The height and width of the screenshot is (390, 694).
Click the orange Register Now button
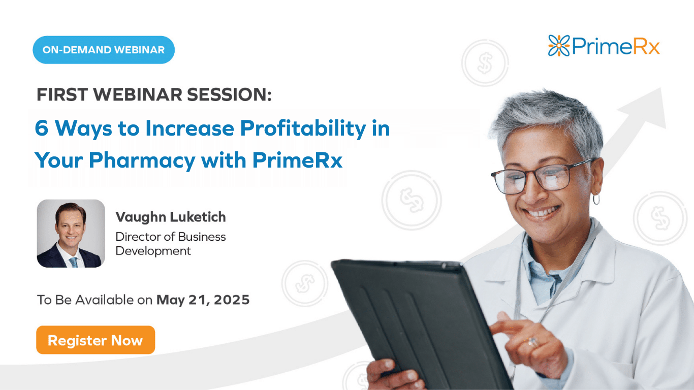[x=96, y=340]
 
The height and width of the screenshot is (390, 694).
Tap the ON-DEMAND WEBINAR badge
[x=104, y=50]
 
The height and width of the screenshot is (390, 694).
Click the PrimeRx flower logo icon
[x=559, y=46]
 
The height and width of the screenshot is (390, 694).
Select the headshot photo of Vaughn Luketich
[x=71, y=234]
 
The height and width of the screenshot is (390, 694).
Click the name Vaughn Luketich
[x=171, y=217]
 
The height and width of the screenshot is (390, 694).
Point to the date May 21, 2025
[x=203, y=300]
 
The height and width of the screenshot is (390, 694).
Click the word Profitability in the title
[x=303, y=128]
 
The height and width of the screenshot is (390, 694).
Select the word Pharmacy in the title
[x=142, y=160]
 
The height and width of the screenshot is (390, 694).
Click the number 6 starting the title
[x=42, y=128]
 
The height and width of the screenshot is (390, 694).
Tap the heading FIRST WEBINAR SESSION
[x=154, y=94]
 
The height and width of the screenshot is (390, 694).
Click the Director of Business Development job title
[x=171, y=244]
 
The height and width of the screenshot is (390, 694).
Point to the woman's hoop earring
[x=596, y=199]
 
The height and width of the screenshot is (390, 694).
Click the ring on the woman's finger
[x=532, y=342]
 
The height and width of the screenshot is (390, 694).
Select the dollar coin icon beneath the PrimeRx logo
[x=485, y=63]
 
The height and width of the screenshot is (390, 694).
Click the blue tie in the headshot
[x=74, y=262]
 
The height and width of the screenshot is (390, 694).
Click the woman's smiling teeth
[x=542, y=212]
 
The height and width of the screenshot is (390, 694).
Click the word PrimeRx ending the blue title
[x=297, y=160]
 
